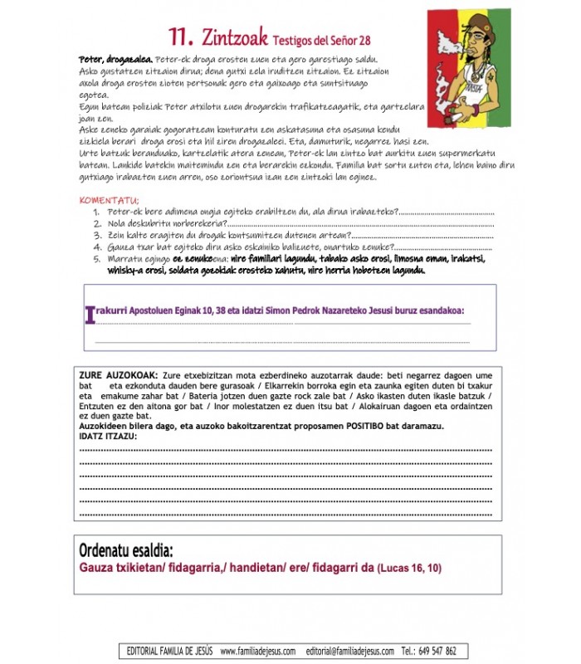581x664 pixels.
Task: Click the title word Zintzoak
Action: (234, 36)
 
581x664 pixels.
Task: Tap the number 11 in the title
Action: (181, 36)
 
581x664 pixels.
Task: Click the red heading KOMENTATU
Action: (109, 200)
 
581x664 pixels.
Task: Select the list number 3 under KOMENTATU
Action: (97, 235)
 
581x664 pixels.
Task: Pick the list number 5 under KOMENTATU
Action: (97, 258)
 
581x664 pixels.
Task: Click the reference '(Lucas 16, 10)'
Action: (409, 569)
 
